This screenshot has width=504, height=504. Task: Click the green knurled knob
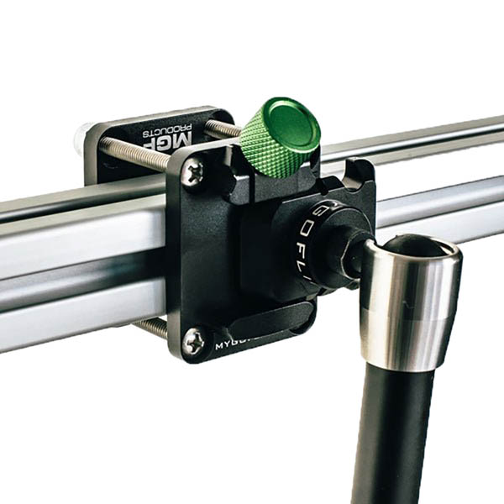click(267, 147)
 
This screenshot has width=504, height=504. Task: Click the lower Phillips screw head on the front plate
click(194, 339)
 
